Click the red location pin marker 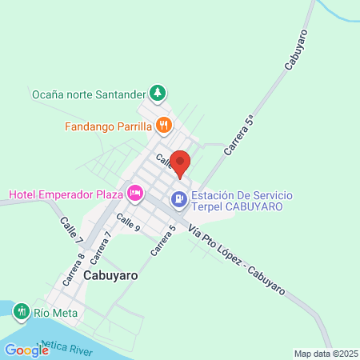[180, 163]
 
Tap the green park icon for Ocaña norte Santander [158, 93]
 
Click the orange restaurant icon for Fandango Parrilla [163, 125]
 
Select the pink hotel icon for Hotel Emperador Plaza [135, 194]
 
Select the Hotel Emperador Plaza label [65, 194]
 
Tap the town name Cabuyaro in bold [110, 274]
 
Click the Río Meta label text [52, 312]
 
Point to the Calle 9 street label [128, 222]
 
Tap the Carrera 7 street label [101, 247]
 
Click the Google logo [26, 350]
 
